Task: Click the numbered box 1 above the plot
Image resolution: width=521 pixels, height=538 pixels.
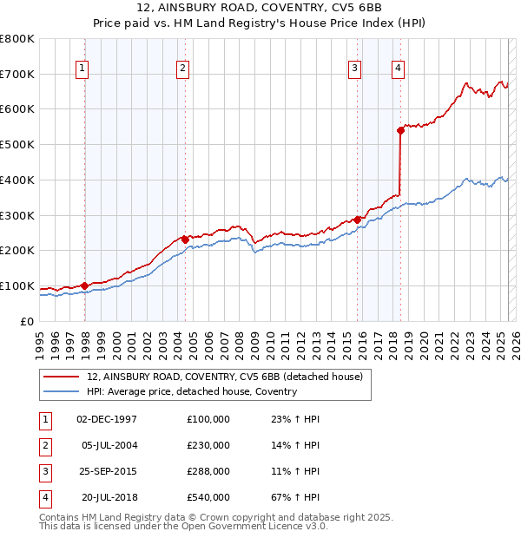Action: tap(82, 69)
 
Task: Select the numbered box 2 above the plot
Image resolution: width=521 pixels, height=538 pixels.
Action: tap(182, 69)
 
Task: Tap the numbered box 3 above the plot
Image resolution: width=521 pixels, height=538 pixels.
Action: tap(355, 69)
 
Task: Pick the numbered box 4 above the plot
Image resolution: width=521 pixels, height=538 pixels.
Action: tap(398, 69)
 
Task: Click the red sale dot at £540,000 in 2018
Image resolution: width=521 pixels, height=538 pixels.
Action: tap(400, 130)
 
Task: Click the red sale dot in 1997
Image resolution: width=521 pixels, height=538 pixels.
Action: tap(84, 285)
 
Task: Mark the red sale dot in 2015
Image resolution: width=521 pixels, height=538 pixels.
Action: tap(357, 219)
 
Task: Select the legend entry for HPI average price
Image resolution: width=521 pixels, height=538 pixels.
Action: tap(191, 391)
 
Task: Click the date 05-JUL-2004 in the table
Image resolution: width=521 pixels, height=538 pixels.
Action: tap(109, 445)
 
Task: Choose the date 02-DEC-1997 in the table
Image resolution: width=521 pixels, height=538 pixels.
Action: tap(107, 419)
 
